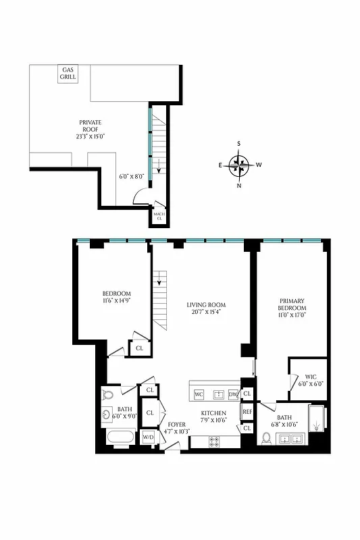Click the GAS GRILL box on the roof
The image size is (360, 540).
68,74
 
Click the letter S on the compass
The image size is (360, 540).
238,144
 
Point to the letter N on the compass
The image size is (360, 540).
238,186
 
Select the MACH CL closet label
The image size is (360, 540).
159,216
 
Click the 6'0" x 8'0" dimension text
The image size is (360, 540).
132,176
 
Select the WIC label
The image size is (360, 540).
311,377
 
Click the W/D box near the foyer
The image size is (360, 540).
148,437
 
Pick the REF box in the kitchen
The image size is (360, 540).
247,411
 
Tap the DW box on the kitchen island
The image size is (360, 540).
233,394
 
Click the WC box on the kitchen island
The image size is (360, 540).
199,394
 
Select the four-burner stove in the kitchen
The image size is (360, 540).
215,441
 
